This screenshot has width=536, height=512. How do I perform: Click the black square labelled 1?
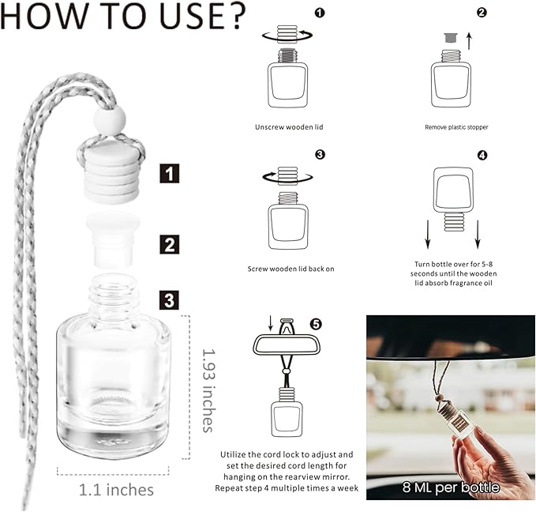pos(170,173)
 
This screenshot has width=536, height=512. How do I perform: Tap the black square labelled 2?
pos(170,244)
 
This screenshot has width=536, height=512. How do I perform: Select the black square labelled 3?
pos(170,300)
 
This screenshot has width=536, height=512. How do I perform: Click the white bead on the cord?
pos(110,119)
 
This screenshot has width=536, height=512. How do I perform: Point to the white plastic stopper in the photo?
pos(113,239)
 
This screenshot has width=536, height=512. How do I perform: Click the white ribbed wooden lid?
pos(112,173)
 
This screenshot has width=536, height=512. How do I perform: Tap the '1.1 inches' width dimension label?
pos(116,490)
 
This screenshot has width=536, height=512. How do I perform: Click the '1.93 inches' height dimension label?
pos(208,390)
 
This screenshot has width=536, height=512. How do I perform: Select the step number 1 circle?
pos(320,13)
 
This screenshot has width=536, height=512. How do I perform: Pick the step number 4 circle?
pos(482,156)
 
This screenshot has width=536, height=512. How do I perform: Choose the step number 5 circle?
pos(316,324)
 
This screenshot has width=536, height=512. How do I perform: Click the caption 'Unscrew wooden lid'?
pos(289,127)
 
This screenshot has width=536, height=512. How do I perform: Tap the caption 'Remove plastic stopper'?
pos(456,127)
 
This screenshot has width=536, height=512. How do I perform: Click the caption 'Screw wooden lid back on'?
pos(291,269)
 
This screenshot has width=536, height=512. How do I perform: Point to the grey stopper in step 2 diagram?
pos(451,38)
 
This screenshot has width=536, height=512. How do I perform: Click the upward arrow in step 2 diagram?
pos(470,41)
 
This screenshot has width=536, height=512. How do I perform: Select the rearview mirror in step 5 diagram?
pos(287,345)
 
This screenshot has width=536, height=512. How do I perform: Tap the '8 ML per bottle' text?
pos(451,488)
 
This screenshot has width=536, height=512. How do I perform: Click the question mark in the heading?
pos(234,16)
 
